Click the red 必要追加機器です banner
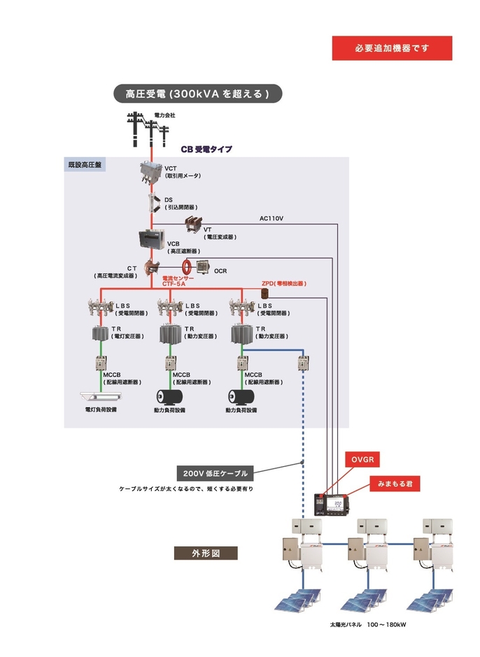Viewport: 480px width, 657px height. coord(392,48)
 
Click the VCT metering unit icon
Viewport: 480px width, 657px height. coord(150,173)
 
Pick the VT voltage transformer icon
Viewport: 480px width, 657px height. coord(192,225)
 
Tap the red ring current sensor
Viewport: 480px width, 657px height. coord(188,267)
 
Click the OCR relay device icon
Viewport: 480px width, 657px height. coord(204,267)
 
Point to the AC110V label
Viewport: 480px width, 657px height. coord(271,219)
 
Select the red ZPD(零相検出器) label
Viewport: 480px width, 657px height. coord(284,284)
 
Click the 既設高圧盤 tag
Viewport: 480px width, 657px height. coord(85,165)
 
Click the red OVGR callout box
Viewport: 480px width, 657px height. coord(364,459)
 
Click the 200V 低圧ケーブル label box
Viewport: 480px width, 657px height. coord(213,473)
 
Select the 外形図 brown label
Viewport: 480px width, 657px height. coord(206,553)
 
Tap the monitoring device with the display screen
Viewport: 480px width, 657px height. coord(332,504)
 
